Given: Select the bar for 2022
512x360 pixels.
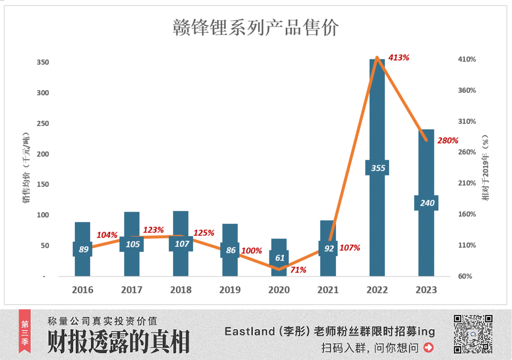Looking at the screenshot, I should pyautogui.click(x=377, y=128).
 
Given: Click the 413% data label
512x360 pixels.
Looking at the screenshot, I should pyautogui.click(x=399, y=58).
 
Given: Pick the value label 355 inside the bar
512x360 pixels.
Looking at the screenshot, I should pyautogui.click(x=377, y=168).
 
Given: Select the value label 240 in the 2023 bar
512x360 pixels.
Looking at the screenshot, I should pyautogui.click(x=426, y=203).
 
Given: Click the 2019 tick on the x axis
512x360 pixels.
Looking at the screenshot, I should pyautogui.click(x=230, y=290).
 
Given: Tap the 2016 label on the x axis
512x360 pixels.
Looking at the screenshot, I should pyautogui.click(x=82, y=290).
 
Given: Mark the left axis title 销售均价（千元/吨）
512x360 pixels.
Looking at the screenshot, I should pyautogui.click(x=26, y=169).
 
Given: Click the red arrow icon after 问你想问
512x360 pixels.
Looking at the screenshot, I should pyautogui.click(x=429, y=348).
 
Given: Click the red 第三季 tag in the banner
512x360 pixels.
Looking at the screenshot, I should pyautogui.click(x=25, y=331).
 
